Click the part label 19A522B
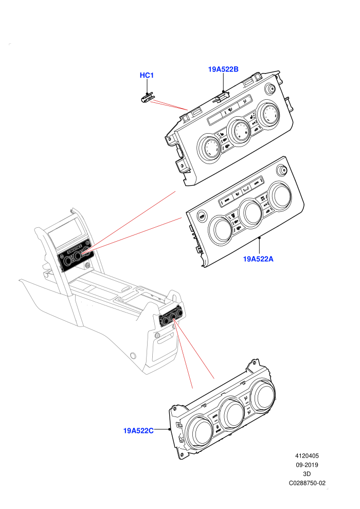click(x=223, y=69)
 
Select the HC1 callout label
click(x=147, y=75)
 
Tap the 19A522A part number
click(x=258, y=259)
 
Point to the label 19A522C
click(x=138, y=431)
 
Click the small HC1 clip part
click(x=148, y=98)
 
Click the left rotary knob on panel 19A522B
click(x=210, y=148)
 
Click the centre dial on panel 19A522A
click(x=250, y=212)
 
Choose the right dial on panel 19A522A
click(x=280, y=195)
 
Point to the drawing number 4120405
click(x=307, y=456)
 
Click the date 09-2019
click(x=307, y=465)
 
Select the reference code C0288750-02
click(x=307, y=483)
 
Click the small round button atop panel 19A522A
click(x=281, y=170)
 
